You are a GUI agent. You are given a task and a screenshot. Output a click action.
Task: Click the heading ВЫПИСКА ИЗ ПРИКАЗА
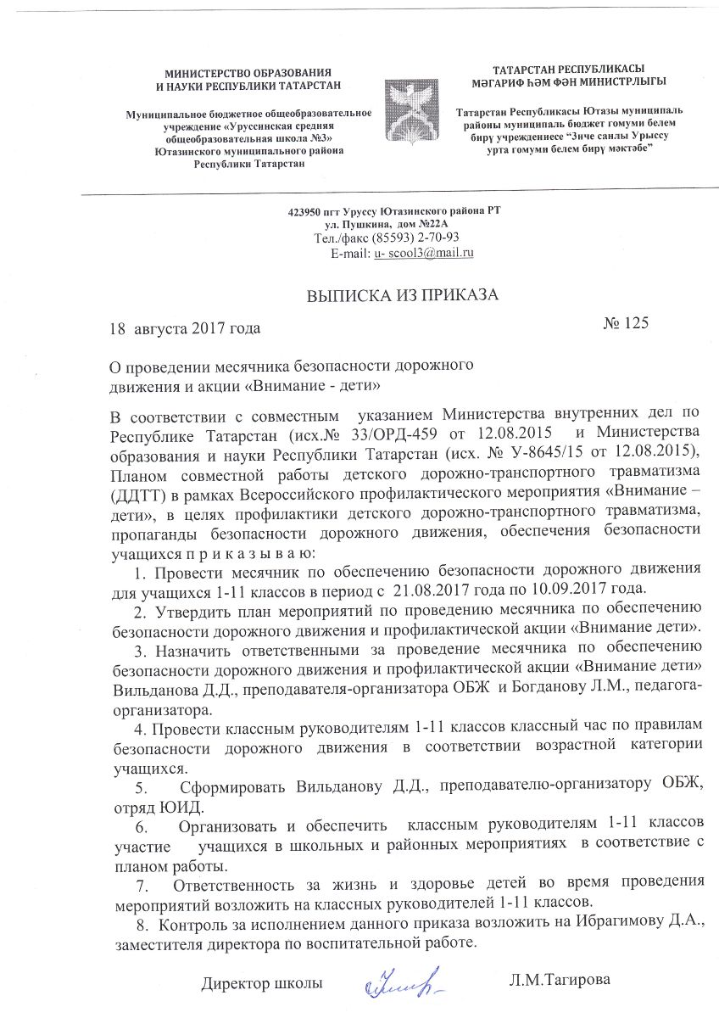click(402, 295)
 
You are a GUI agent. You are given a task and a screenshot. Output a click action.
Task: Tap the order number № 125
click(626, 322)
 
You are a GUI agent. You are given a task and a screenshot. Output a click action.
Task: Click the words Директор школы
click(262, 983)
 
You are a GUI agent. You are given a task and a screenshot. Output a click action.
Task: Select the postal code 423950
click(306, 210)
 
